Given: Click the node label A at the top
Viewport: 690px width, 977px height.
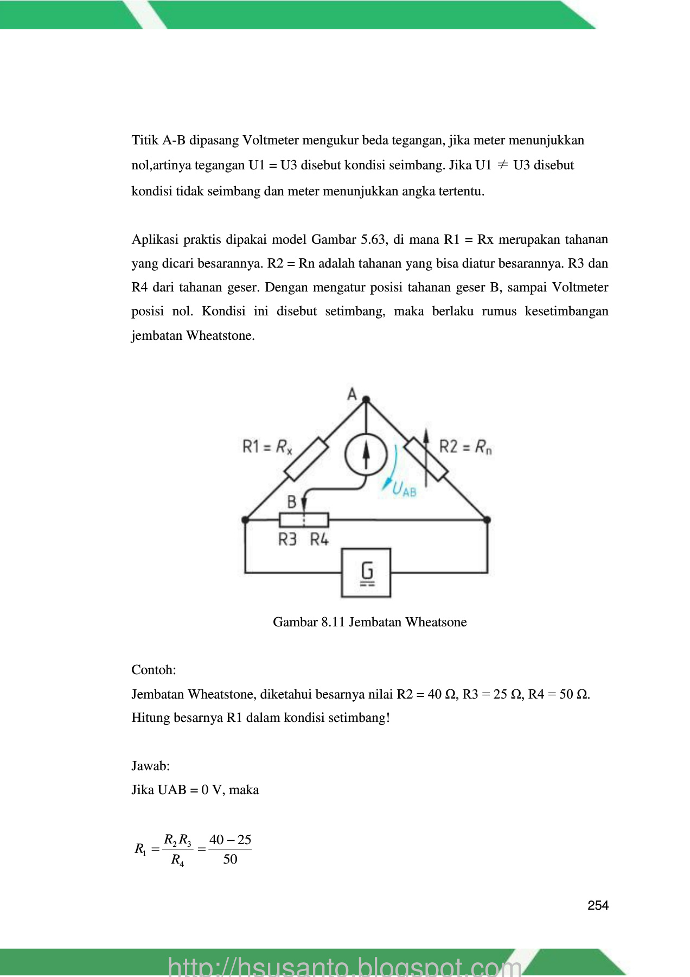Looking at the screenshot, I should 352,394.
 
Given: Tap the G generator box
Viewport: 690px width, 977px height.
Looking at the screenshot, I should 366,573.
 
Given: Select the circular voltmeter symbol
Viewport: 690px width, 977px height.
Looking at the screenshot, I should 366,455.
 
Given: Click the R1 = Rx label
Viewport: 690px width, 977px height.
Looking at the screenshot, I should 267,447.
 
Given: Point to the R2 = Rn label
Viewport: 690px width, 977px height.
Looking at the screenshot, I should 465,447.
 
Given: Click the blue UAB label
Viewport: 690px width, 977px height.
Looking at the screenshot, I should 404,489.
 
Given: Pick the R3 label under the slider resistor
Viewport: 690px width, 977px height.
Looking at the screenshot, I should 287,540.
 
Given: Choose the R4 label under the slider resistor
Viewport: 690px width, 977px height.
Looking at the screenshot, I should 320,540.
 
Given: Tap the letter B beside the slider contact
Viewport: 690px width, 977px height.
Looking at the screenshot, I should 291,502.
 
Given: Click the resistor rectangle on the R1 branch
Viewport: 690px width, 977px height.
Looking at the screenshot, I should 306,459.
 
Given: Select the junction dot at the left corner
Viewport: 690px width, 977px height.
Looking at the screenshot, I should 245,520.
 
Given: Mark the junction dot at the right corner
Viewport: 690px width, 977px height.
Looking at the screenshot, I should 487,520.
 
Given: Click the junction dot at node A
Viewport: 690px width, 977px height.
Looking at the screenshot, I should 366,400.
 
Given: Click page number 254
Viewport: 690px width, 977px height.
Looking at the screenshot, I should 598,905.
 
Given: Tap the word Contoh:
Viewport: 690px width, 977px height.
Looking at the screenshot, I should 154,670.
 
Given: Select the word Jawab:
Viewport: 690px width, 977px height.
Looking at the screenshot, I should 151,766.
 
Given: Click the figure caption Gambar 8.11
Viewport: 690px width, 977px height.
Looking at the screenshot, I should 369,622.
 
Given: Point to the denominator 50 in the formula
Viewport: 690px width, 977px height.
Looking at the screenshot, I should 230,859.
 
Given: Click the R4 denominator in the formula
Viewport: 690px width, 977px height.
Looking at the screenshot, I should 177,860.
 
